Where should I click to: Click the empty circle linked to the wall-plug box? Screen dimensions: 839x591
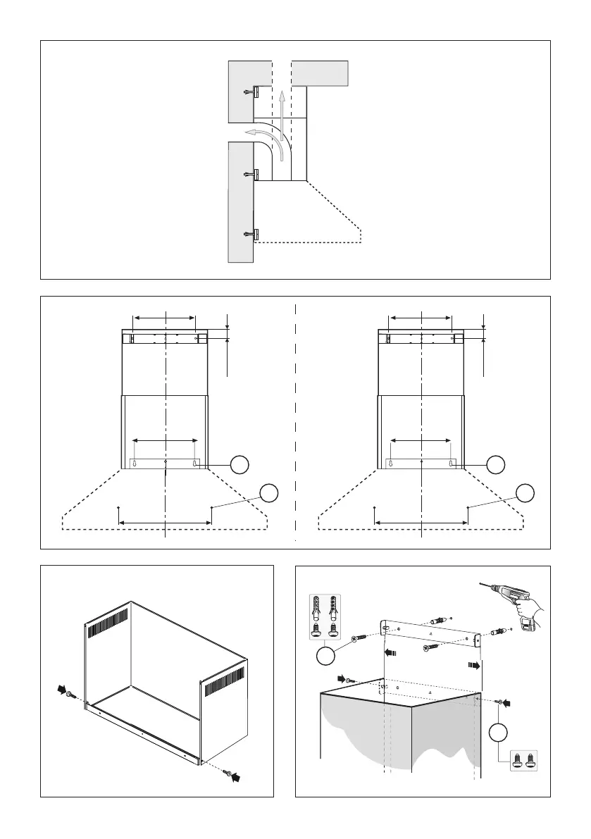click(325, 657)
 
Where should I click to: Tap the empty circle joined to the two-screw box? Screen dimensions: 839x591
click(498, 733)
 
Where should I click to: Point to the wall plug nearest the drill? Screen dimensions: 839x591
click(497, 630)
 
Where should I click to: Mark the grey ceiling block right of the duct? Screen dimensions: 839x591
click(320, 73)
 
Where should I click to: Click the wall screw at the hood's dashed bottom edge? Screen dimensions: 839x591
click(251, 234)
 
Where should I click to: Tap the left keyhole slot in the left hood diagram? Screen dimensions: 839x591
click(135, 464)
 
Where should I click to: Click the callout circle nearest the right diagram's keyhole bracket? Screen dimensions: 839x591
click(497, 464)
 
